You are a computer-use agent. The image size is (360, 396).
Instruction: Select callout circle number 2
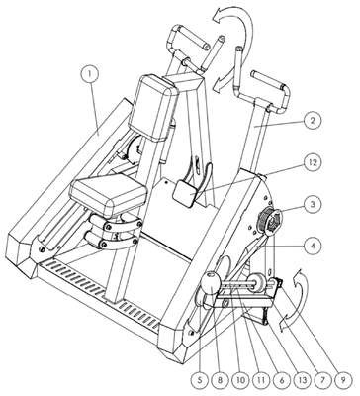tap(311, 121)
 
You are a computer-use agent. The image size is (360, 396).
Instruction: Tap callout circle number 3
tap(311, 205)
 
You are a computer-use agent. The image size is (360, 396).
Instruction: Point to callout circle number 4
tap(311, 247)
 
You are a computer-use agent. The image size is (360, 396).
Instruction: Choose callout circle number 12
tap(311, 162)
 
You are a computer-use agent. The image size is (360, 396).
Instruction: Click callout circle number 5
tap(200, 380)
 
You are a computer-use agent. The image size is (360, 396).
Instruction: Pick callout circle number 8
tap(221, 380)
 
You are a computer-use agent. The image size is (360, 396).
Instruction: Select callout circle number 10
tap(240, 380)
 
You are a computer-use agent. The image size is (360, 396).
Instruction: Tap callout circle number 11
tap(261, 380)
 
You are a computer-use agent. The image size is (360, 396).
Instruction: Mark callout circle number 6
tap(282, 380)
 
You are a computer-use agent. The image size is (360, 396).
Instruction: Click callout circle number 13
tap(302, 380)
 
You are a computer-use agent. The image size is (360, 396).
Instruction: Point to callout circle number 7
tap(322, 380)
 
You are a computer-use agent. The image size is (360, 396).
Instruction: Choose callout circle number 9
tap(343, 380)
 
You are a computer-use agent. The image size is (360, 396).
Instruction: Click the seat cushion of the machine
tap(109, 197)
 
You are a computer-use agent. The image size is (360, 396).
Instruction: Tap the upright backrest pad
tap(152, 107)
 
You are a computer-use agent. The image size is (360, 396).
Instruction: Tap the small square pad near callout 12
tap(186, 193)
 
